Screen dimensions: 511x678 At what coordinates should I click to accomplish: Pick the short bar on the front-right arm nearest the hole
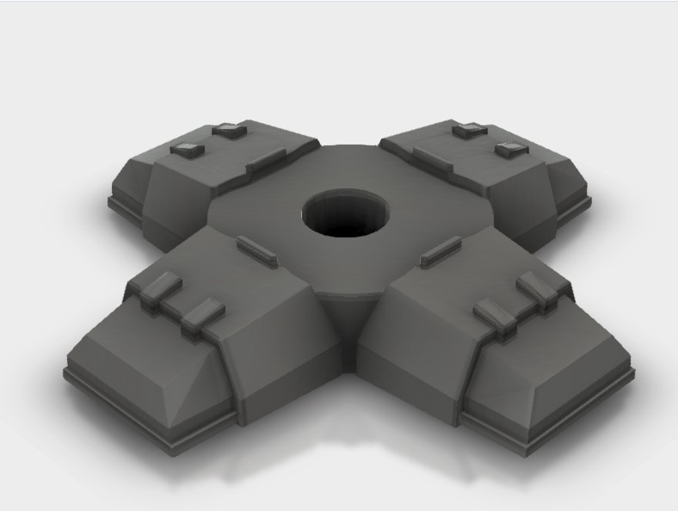[x=441, y=249]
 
